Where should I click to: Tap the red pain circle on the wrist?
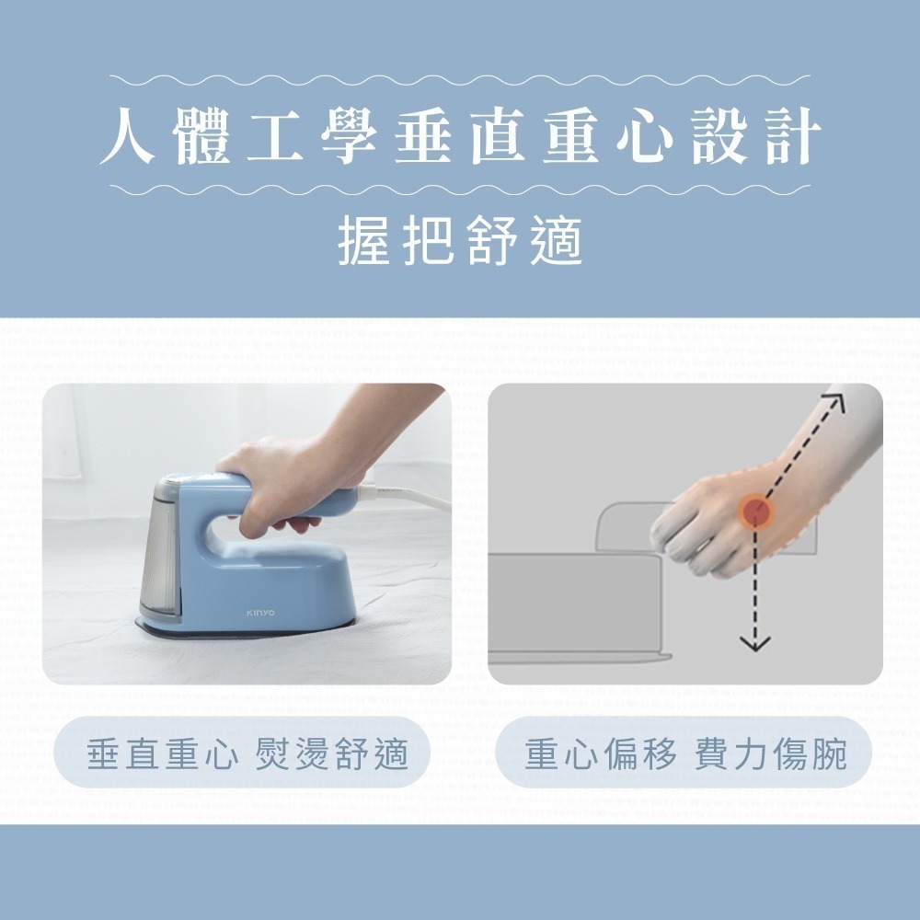point(755,508)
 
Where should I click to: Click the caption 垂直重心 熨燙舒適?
point(246,754)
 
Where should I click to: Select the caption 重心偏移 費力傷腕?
point(684,754)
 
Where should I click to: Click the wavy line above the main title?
point(460,80)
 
